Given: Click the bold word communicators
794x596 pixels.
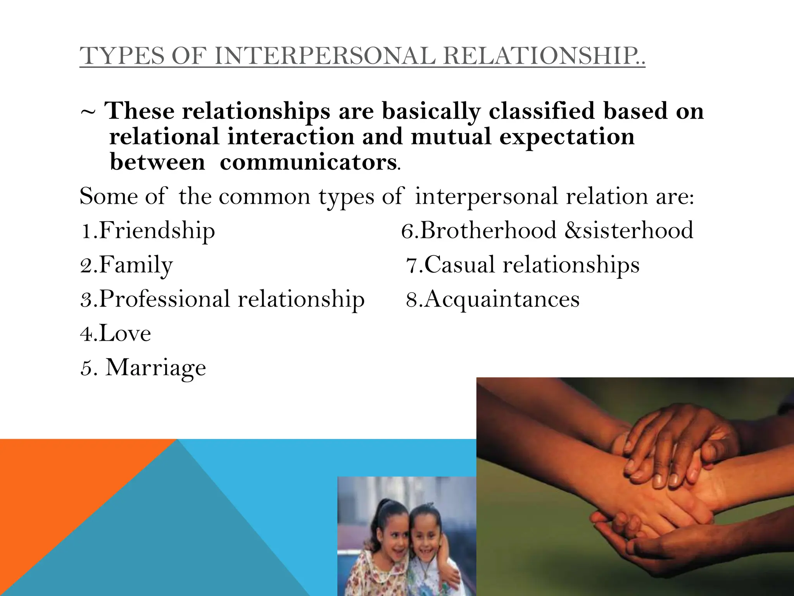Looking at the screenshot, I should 308,162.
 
